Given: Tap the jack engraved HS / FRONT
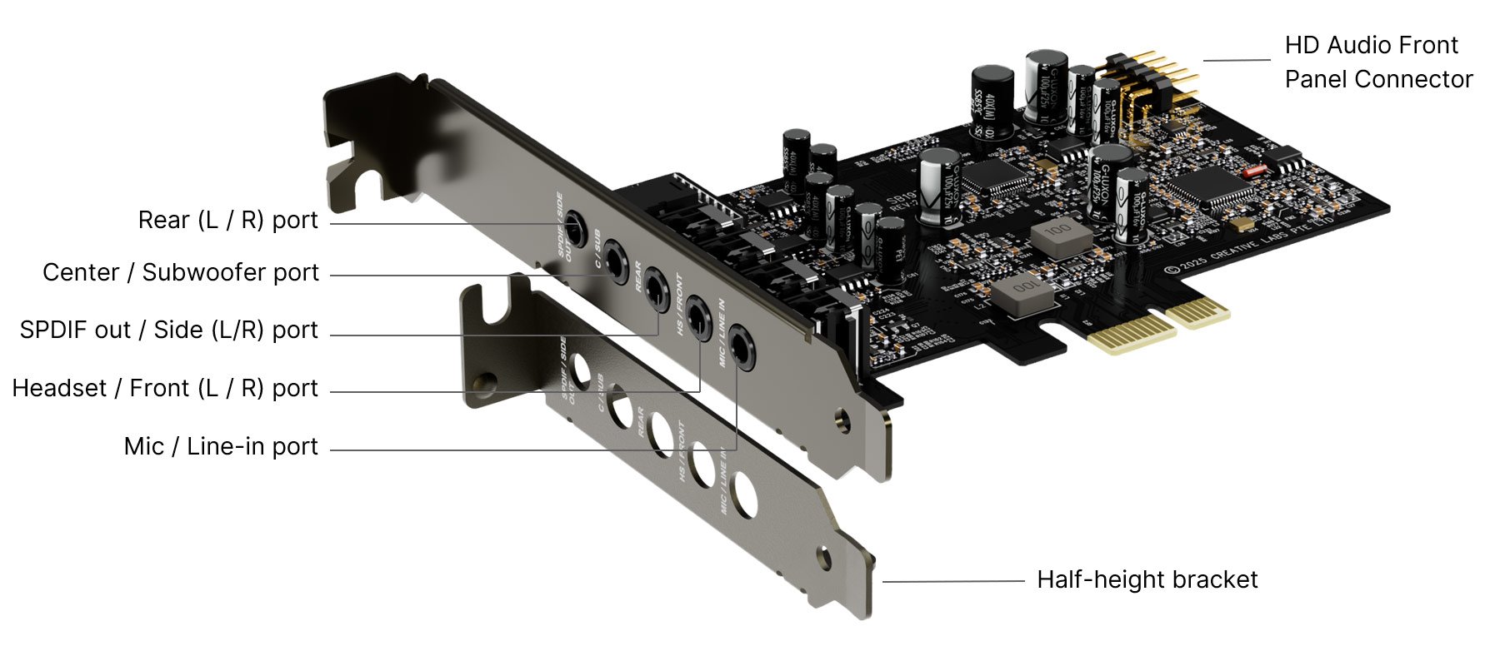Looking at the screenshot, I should [697, 317].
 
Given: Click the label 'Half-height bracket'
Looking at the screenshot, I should [1147, 580].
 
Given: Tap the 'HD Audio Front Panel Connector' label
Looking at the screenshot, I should [1377, 62].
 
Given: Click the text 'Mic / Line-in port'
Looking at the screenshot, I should [221, 447].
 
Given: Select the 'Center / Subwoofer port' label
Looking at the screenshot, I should [181, 273].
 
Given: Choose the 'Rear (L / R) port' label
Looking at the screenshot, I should [228, 221].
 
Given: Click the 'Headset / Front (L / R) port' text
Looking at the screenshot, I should [165, 389].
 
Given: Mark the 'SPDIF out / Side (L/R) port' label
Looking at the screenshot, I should [169, 330].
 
